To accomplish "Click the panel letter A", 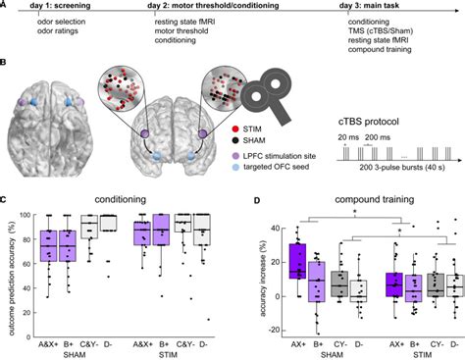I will point(7,8).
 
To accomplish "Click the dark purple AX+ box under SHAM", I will point(296,262).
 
